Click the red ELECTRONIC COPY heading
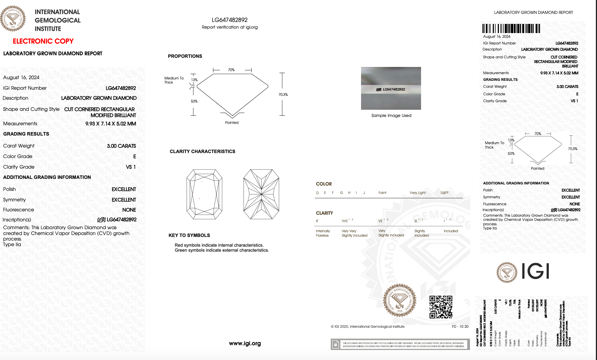tap(43, 41)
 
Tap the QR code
tap(441, 307)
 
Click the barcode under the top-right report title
tap(511, 29)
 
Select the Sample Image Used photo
tap(391, 88)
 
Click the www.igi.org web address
tap(245, 343)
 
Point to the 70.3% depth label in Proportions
tap(283, 94)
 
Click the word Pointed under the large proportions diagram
tap(232, 122)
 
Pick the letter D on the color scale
tap(317, 193)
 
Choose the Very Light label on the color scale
tap(417, 193)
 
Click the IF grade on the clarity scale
tap(317, 221)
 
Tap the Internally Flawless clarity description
tap(323, 233)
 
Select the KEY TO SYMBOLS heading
tap(189, 235)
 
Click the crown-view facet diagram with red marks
tap(204, 194)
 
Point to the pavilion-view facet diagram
tap(261, 194)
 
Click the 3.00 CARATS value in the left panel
tap(121, 146)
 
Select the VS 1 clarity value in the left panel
tap(131, 167)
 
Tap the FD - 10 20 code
tap(460, 326)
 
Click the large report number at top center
tap(230, 20)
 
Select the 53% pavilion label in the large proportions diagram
tap(194, 101)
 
